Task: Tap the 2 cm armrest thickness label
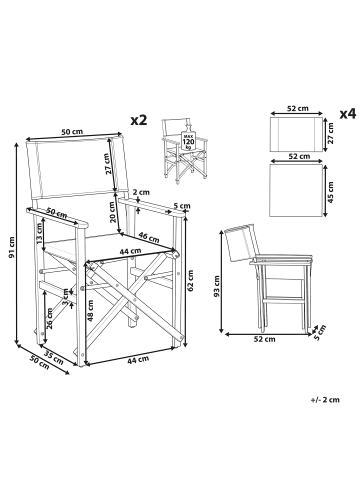click(x=143, y=194)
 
